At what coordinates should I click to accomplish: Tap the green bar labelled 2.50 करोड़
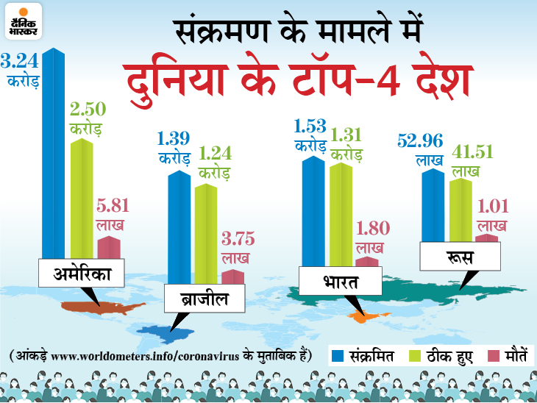82,199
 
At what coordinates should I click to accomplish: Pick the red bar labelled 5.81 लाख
108,247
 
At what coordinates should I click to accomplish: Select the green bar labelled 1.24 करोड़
206,232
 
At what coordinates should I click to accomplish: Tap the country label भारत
339,282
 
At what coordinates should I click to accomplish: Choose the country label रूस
459,258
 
